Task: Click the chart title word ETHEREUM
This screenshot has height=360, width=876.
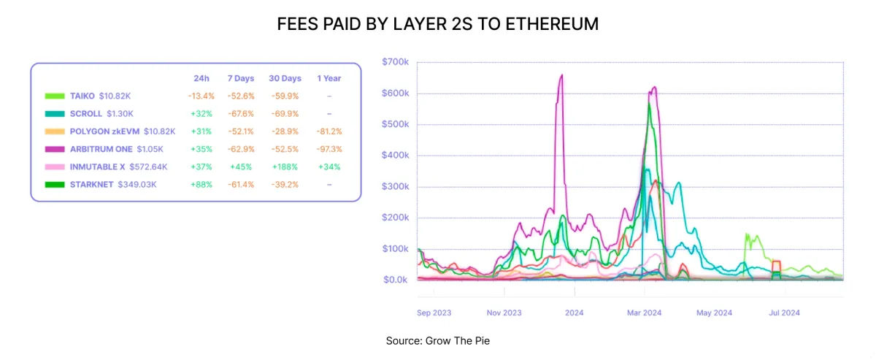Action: (552, 24)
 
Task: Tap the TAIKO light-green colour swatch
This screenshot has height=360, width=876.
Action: (55, 96)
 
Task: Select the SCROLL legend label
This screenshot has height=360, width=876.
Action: (86, 114)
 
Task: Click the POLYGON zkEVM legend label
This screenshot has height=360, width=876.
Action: (105, 131)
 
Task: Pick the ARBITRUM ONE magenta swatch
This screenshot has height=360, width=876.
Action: (55, 149)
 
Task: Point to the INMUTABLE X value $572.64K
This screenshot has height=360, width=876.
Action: (148, 166)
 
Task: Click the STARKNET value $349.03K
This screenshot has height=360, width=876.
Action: (137, 184)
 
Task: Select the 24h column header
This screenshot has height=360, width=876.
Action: (201, 78)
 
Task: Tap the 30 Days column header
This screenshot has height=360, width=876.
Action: (285, 78)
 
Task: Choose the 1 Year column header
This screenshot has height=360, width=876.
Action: (329, 78)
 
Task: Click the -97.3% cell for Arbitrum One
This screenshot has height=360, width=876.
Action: (329, 149)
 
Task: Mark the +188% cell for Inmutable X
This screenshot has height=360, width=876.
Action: (285, 166)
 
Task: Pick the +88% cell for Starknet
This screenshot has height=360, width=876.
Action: (201, 184)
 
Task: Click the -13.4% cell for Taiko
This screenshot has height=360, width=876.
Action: (201, 96)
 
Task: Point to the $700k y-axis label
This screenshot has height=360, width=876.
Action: (396, 62)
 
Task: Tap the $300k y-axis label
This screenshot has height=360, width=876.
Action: (396, 186)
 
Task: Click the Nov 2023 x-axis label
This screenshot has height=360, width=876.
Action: (504, 313)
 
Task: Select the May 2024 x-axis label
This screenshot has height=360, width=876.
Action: (714, 313)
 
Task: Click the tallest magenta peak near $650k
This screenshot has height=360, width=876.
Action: (562, 75)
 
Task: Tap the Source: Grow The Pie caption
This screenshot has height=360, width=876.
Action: (437, 341)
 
